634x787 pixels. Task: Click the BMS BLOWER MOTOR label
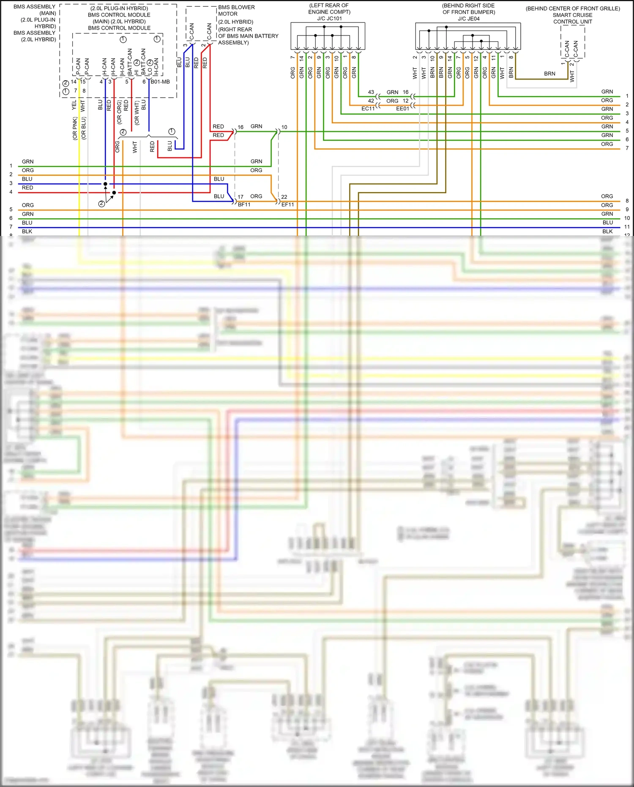click(236, 11)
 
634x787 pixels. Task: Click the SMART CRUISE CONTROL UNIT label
click(572, 18)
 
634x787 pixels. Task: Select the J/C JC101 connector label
click(329, 19)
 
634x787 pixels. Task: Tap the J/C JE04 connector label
click(468, 19)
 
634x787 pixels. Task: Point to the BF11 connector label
click(244, 205)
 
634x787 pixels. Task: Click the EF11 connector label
click(287, 205)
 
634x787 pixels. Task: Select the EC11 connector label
click(368, 109)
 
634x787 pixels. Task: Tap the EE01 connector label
click(402, 109)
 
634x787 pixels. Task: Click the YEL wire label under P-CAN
click(74, 105)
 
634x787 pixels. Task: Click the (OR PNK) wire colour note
click(75, 129)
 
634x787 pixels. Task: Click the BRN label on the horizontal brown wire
click(549, 74)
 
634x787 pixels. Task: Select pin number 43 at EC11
click(371, 92)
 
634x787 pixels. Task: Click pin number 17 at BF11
click(240, 197)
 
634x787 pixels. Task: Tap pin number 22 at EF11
click(284, 197)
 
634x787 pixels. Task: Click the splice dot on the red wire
click(114, 193)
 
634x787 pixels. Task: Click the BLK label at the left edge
click(27, 231)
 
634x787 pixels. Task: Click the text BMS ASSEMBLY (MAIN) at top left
click(35, 10)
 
